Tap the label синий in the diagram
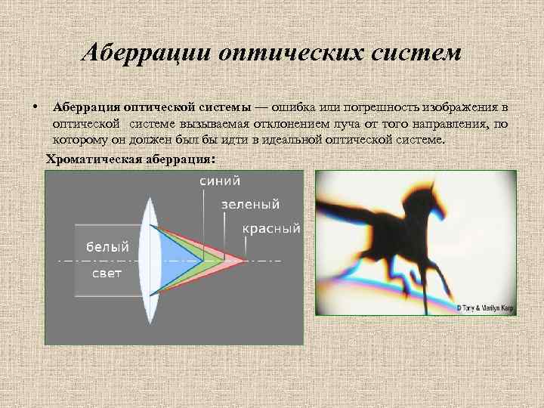[x=220, y=181]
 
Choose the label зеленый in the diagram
[x=250, y=204]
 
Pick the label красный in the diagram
[x=271, y=227]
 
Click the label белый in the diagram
[x=107, y=246]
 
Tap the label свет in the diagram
[x=107, y=273]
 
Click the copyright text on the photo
[x=485, y=308]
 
